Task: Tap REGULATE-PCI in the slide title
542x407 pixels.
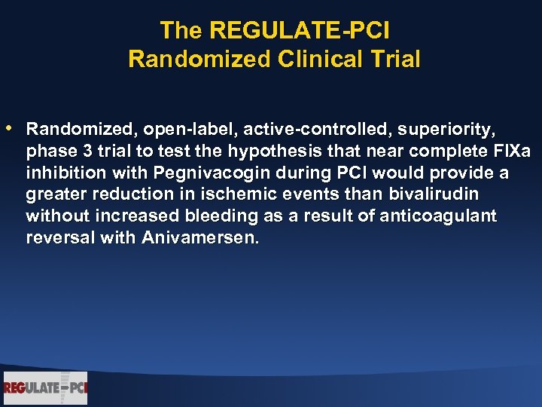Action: [300, 31]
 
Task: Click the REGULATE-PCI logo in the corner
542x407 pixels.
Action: [45, 388]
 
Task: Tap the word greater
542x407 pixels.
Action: [54, 195]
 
